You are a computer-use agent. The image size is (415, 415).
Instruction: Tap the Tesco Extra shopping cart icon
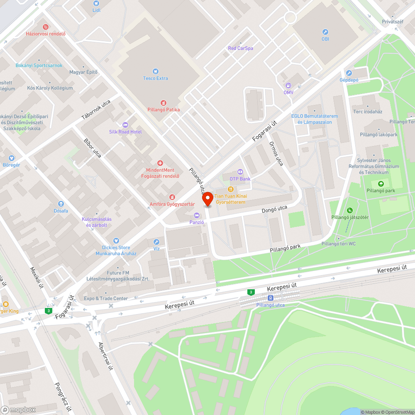pos(156,71)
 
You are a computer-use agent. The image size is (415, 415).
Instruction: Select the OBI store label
pos(325,39)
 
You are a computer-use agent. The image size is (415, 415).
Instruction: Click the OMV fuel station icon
pos(288,85)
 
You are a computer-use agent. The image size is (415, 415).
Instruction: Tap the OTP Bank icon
pos(240,172)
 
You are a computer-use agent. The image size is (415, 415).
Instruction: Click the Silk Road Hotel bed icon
pos(125,125)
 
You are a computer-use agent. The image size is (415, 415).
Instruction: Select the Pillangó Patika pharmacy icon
pos(164,103)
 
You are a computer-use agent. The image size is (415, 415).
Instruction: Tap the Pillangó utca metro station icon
pos(270,298)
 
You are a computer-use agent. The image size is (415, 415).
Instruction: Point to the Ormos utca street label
pos(276,154)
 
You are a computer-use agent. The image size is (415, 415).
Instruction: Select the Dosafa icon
pos(61,204)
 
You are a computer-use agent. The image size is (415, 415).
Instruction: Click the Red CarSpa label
pos(240,48)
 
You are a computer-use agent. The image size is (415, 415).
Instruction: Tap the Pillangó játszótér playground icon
pos(350,210)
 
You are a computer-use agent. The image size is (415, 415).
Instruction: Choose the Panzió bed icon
pos(197,215)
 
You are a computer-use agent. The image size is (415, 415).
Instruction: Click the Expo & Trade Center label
pos(106,298)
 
